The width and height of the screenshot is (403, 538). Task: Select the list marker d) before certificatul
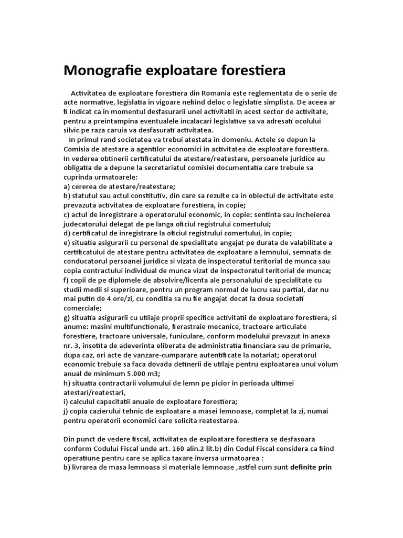coord(67,233)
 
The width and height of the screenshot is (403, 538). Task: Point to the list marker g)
coord(67,317)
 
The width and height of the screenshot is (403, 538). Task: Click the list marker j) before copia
coord(66,410)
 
